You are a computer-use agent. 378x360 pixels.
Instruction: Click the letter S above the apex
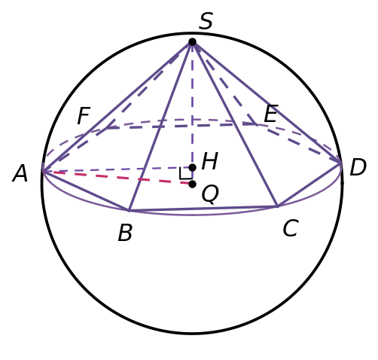(206, 21)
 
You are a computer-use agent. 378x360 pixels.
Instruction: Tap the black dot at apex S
(192, 42)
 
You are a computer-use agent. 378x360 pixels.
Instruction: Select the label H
(209, 161)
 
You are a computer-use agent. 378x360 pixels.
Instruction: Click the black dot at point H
(192, 167)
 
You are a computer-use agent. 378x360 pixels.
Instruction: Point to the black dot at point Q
(192, 185)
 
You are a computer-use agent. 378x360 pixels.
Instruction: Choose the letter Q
(210, 194)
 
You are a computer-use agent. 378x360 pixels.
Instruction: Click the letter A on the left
(20, 173)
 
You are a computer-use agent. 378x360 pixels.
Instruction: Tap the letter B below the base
(125, 233)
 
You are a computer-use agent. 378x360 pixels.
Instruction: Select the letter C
(291, 228)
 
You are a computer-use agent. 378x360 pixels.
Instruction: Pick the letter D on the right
(358, 167)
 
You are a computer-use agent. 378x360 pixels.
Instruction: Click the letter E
(271, 114)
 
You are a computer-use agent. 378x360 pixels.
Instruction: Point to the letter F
(84, 115)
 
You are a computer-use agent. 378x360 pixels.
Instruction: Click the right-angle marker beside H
(186, 173)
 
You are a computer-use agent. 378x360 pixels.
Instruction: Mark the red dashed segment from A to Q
(117, 178)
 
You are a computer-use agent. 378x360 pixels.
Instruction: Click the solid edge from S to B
(160, 126)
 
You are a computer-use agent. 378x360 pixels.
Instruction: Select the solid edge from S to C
(235, 124)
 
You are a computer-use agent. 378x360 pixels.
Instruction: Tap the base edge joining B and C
(203, 208)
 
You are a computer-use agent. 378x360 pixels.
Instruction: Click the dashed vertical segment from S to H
(192, 105)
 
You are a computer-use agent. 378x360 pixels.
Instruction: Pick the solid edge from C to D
(309, 185)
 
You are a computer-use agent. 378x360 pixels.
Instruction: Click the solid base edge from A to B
(86, 191)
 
